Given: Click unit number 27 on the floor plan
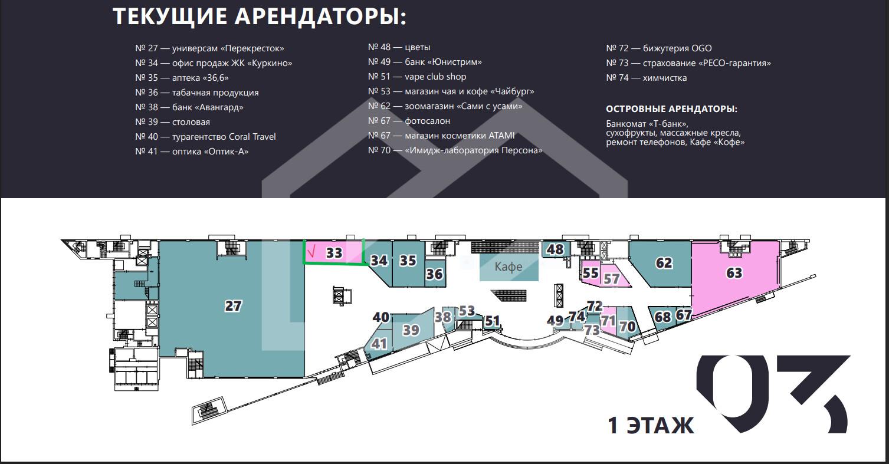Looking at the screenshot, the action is pos(233,306).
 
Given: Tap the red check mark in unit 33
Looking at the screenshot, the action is pos(312,251).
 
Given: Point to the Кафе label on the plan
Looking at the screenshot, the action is pos(509,266).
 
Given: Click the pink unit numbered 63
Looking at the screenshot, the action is pos(734,273).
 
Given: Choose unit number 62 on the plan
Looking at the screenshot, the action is pos(664,262).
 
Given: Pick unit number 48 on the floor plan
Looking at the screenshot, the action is pos(555,249).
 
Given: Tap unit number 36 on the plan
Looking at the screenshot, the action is pos(434,274).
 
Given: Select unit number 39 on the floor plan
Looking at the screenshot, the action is pos(411,330).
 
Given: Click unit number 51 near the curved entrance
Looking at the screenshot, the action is pos(492,321).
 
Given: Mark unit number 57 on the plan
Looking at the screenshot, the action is pos(612,279).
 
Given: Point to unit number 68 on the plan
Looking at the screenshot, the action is pos(662,317).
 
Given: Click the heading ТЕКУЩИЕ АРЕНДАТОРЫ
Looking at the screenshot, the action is pos(260,17).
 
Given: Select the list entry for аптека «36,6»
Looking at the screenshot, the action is pos(182,78).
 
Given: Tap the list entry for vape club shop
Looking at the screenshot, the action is pos(417,77).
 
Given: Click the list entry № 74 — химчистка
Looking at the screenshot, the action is pos(646,78).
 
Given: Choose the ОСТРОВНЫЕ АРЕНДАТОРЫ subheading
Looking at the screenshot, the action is pos(671,109).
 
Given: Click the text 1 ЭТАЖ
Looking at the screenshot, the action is pos(651,425).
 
